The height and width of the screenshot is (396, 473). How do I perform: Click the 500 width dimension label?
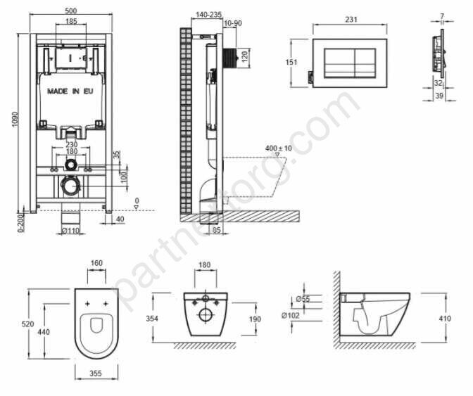point(71,11)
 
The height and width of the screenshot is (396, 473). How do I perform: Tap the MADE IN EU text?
point(70,91)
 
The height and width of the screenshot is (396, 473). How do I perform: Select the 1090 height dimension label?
point(15,120)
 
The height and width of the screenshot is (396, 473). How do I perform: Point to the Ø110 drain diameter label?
point(70,231)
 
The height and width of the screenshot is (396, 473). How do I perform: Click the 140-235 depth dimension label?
point(209,15)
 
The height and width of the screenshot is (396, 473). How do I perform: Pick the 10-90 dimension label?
point(233,23)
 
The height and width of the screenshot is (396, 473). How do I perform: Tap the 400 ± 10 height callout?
point(279,148)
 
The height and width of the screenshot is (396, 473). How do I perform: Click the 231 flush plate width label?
point(351,20)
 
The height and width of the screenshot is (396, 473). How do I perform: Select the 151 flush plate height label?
point(291,63)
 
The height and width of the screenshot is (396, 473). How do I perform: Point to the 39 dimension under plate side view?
point(439,96)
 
